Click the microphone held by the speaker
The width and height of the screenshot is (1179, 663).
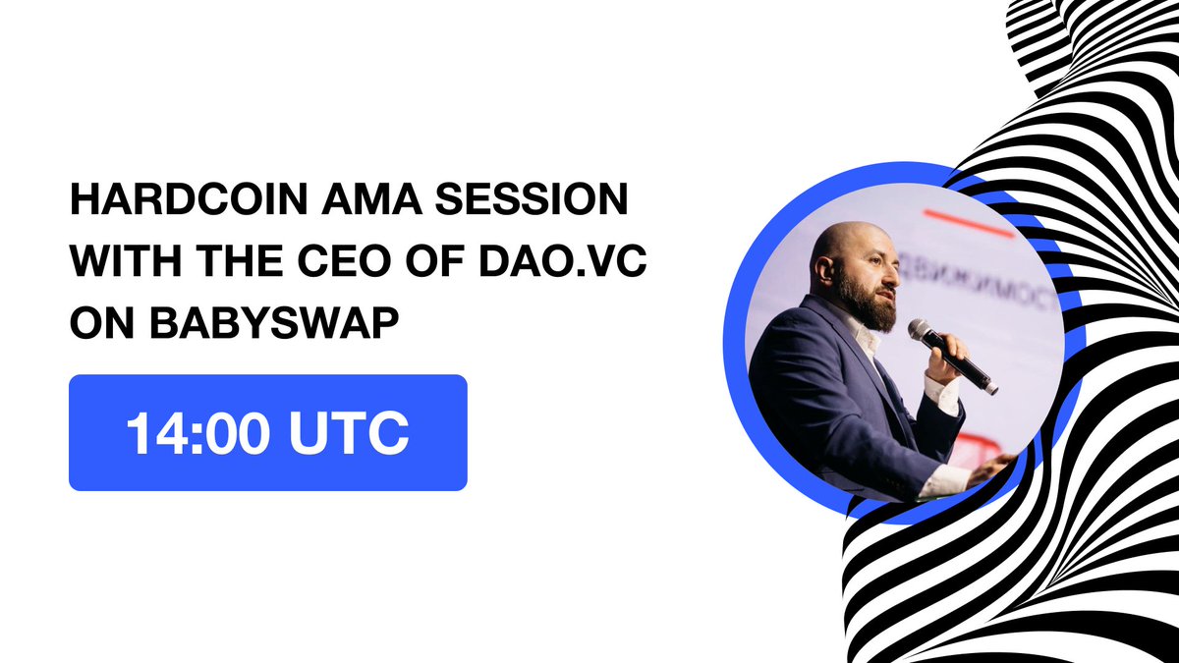948,353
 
